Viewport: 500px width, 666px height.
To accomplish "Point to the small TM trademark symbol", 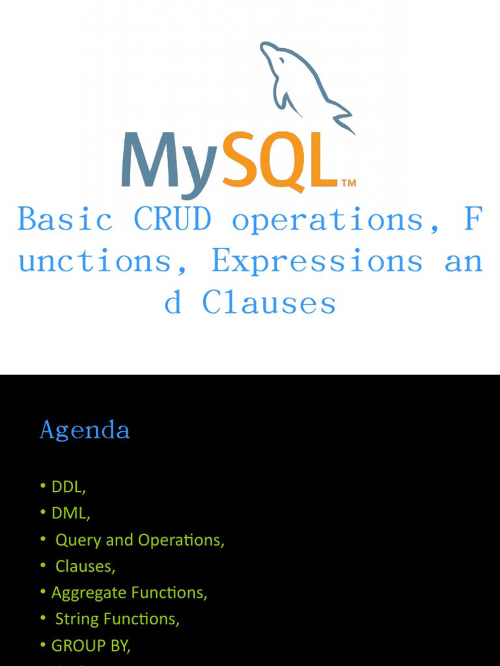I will coord(348,183).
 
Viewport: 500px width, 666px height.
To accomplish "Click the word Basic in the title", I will coord(65,219).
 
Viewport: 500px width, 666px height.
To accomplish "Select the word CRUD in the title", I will coord(173,219).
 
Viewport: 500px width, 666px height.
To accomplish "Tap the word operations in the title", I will coord(329,219).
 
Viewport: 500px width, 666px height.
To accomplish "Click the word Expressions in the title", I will coord(317,261).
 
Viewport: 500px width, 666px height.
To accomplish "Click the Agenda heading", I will coord(85,430).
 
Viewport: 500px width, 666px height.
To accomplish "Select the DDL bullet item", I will coord(68,486).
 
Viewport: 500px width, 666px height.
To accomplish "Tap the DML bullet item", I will coord(70,513).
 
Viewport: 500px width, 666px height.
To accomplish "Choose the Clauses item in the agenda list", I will coord(85,566).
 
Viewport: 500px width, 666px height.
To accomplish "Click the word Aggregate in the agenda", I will coord(89,593).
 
